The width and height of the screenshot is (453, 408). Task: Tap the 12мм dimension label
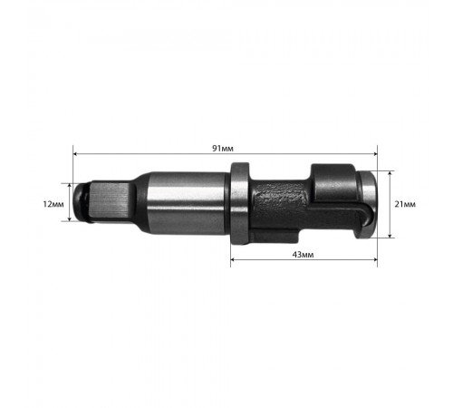click(54, 204)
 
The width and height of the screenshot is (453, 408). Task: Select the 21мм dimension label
click(407, 204)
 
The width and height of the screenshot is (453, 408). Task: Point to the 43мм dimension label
click(303, 256)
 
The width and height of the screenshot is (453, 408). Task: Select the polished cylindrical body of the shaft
click(181, 204)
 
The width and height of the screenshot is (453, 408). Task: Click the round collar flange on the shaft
click(237, 204)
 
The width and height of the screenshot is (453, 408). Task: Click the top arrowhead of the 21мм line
click(390, 172)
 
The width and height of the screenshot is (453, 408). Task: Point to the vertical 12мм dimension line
click(71, 204)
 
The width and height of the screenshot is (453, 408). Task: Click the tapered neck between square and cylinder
click(136, 204)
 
